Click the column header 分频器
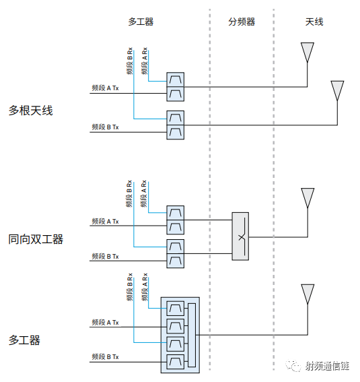(x=242, y=22)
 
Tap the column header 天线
(x=314, y=22)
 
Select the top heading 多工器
(x=141, y=22)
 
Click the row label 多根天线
(x=31, y=110)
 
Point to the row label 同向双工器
(x=36, y=239)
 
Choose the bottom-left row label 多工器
(x=24, y=340)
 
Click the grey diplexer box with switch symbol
(x=240, y=236)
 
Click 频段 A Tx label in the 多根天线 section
(x=105, y=88)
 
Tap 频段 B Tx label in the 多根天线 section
(x=105, y=127)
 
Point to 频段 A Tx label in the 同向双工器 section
(x=105, y=222)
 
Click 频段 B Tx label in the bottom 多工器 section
(x=105, y=357)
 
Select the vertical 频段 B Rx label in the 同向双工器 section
(x=129, y=194)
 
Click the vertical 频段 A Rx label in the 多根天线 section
(x=145, y=61)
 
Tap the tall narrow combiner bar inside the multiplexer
(x=192, y=336)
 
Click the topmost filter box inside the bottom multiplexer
(x=176, y=309)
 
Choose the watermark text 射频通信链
(x=328, y=366)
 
